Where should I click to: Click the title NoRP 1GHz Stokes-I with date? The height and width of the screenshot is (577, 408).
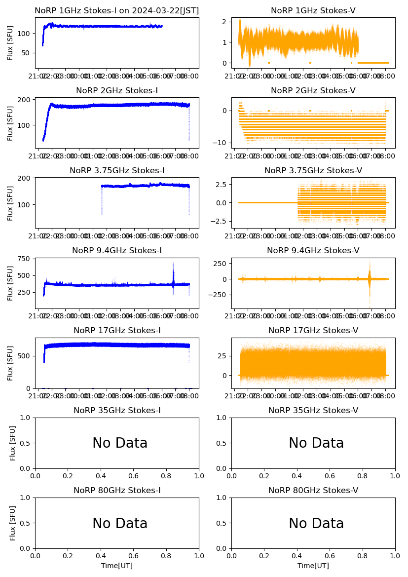[116, 10]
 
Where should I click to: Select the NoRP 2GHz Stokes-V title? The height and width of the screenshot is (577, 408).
[313, 90]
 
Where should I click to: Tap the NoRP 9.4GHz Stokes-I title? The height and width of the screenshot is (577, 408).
[116, 250]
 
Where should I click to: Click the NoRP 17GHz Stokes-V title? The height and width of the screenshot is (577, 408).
[313, 330]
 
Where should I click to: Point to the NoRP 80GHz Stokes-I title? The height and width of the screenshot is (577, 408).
[116, 490]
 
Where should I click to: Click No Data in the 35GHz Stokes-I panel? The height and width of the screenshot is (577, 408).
[120, 443]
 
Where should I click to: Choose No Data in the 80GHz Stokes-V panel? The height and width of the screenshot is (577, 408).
[316, 523]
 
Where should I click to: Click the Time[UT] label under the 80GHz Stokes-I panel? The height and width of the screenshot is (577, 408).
[117, 566]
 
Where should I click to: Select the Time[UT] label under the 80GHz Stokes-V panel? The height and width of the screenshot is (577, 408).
[313, 566]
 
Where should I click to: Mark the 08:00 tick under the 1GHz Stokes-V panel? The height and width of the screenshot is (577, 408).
[385, 77]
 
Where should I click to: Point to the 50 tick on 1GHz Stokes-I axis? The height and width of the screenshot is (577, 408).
[27, 53]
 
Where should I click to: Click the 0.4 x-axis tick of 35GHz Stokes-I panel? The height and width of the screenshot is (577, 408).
[101, 476]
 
